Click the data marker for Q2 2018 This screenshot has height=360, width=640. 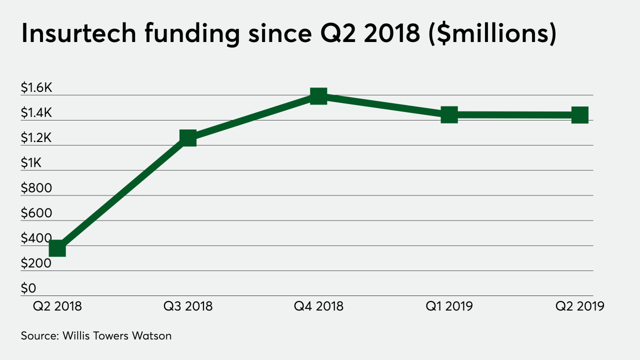tap(57, 248)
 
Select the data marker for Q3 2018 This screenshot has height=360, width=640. tap(188, 137)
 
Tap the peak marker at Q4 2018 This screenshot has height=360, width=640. tap(318, 95)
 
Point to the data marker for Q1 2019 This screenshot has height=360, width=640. tap(449, 114)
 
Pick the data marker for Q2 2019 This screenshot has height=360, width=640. tap(579, 115)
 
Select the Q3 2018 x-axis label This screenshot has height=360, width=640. tap(188, 306)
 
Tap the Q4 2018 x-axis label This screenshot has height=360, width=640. tap(318, 306)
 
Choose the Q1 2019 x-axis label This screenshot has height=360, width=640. tap(449, 306)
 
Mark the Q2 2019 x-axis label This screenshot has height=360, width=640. tap(579, 306)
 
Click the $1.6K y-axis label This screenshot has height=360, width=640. tap(36, 88)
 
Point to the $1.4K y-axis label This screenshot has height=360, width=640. tap(36, 113)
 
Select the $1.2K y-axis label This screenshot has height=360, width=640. tap(36, 138)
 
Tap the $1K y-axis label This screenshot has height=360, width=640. tap(31, 163)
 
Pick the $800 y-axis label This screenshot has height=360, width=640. tap(36, 188)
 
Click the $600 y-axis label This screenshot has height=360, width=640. tap(36, 213)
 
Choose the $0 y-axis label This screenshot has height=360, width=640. tap(28, 288)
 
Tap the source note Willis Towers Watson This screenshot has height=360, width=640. tap(117, 335)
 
